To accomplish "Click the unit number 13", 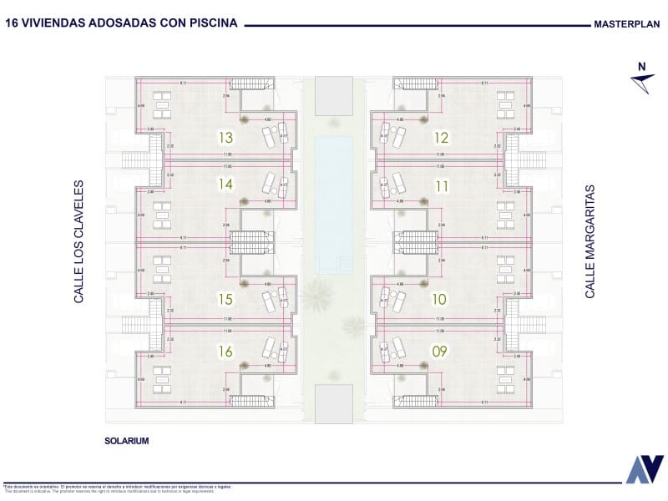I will tap(225, 138).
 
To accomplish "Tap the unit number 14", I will tap(225, 184).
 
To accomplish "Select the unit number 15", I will tap(225, 298).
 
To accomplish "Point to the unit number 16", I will tap(225, 351).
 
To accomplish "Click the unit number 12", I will tap(442, 138).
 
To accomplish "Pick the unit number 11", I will tap(442, 185).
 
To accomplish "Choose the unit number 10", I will tap(440, 298).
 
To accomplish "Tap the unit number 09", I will tap(440, 351).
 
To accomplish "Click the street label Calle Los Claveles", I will tap(79, 241).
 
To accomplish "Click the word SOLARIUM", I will tap(127, 440).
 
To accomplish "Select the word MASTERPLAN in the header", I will tap(627, 25).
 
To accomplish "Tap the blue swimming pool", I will tap(334, 205).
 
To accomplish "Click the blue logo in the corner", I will tap(645, 469).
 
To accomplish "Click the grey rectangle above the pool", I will tap(334, 96).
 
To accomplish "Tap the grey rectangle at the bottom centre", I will tap(334, 403).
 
